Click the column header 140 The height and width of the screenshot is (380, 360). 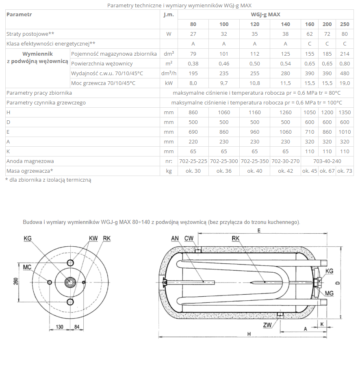pos(286,24)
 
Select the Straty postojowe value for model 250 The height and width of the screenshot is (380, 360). pos(345,34)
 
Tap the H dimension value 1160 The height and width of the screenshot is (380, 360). pos(255,113)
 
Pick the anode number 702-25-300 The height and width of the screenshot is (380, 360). pos(224,161)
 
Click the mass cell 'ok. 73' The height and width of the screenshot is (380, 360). pos(345,171)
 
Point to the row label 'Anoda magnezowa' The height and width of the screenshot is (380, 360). pos(30,161)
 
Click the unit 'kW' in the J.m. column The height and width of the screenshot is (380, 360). pos(169,83)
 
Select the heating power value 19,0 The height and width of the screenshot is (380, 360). pos(345,83)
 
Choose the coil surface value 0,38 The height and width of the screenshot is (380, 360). pos(193,64)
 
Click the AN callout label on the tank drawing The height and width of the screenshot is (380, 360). pos(175,238)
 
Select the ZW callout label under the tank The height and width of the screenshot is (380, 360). pos(267,325)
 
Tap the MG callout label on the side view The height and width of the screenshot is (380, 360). pos(329,294)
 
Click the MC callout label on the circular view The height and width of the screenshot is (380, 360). pos(27,267)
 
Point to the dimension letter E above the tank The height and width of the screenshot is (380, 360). pos(259,230)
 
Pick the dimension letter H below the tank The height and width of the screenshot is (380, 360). pos(249,334)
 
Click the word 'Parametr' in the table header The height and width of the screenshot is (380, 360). pos(20,15)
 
